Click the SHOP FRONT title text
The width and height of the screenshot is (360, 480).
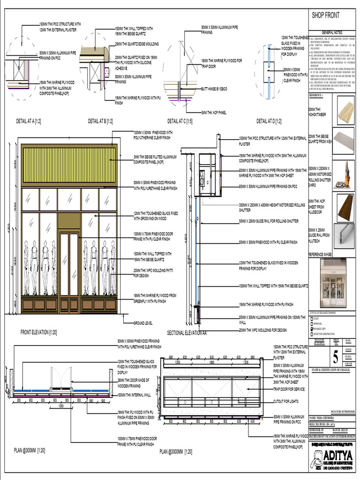tap(326, 15)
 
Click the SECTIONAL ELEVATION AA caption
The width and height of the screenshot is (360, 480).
tap(187, 333)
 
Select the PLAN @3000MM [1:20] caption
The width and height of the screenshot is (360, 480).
tap(175, 451)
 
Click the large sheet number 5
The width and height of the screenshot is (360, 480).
tap(335, 358)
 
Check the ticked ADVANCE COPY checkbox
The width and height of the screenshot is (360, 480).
tap(313, 329)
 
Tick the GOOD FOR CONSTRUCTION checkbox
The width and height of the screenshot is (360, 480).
tap(313, 334)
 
